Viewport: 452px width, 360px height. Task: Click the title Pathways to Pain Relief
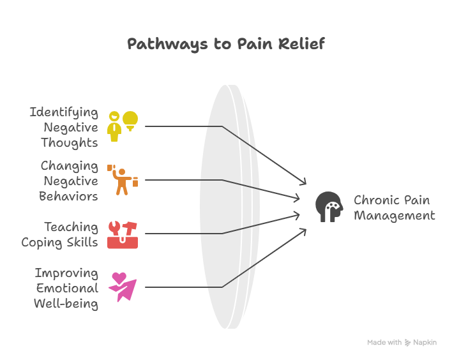225,44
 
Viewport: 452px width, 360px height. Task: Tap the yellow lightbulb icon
130,120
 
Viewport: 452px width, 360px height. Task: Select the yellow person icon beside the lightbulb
114,126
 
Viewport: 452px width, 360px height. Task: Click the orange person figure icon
121,180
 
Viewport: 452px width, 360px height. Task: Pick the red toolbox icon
122,235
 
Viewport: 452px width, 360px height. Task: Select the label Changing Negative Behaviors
69,181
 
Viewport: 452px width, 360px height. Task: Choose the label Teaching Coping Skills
60,234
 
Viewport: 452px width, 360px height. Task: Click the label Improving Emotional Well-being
66,288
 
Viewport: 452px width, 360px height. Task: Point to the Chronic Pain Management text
394,207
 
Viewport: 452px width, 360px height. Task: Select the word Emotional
67,288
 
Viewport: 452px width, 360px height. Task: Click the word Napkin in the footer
425,343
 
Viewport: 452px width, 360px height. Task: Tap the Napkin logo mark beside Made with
408,343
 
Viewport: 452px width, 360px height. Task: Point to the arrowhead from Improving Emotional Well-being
303,231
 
